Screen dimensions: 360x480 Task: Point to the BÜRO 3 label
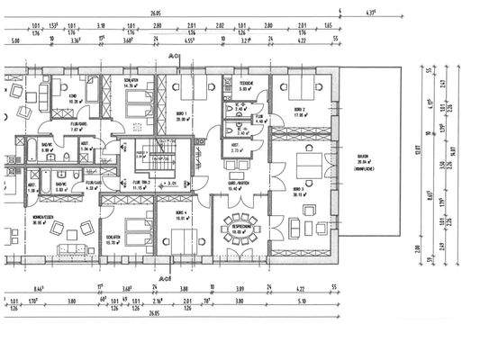[298, 191]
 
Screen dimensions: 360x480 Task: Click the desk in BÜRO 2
[300, 90]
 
